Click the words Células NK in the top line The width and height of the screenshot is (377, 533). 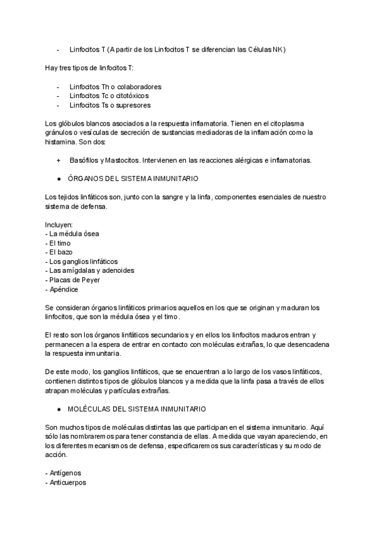pos(265,50)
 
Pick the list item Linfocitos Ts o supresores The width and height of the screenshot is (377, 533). pos(110,105)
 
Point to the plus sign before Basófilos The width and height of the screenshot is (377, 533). pos(58,160)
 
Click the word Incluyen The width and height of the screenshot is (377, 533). pos(59,225)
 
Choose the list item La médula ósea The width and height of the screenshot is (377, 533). pos(72,234)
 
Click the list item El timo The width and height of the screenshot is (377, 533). pos(58,243)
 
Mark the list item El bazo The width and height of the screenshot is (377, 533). pos(60,253)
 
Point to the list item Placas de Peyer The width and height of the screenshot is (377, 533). pos(72,280)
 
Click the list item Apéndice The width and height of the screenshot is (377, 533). pos(62,289)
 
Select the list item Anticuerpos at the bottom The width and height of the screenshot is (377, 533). pos(65,482)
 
